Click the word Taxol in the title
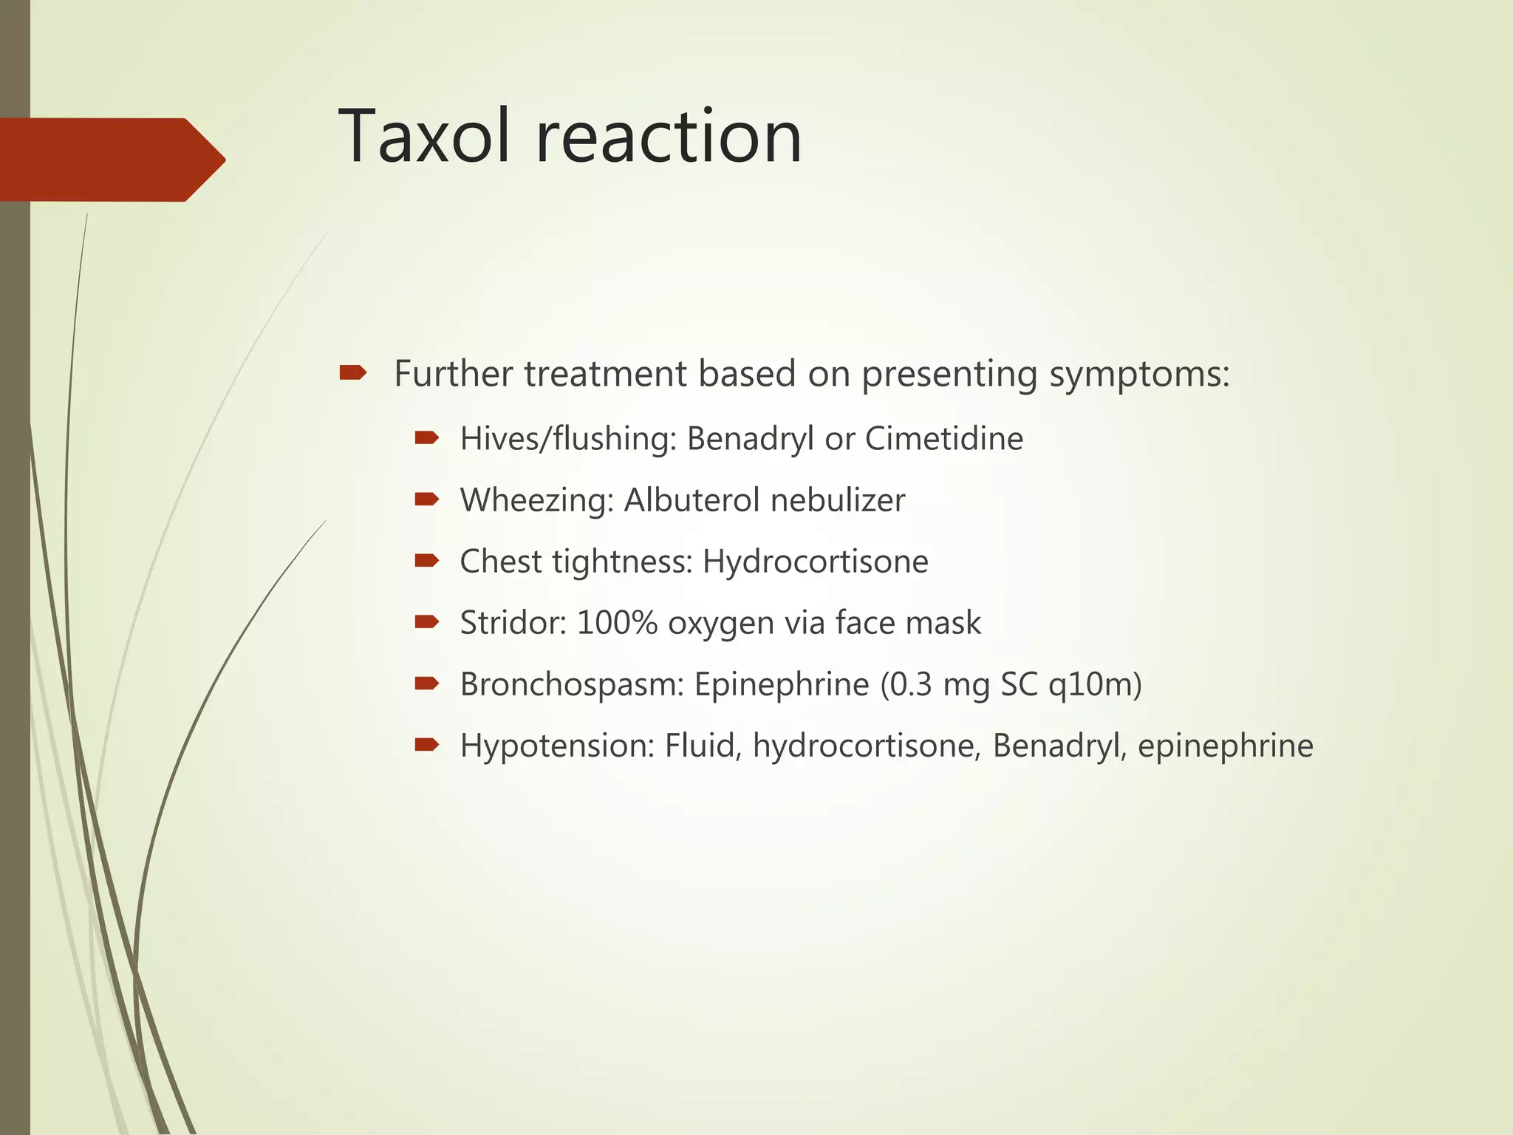[424, 137]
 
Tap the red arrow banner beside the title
[111, 160]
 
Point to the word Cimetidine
[943, 439]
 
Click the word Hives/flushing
[568, 439]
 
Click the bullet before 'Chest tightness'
[427, 561]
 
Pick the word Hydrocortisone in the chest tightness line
[815, 562]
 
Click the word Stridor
[513, 623]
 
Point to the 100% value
[617, 623]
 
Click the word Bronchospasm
[573, 685]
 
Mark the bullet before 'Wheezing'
[427, 500]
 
